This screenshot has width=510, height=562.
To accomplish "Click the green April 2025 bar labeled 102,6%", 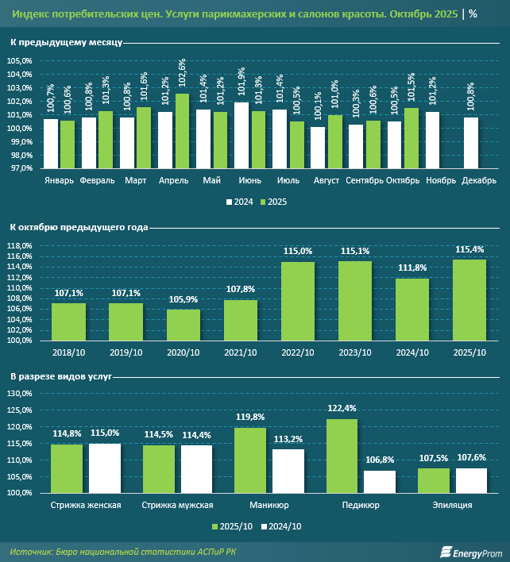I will click(x=183, y=131).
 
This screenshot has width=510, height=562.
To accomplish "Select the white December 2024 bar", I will click(x=471, y=143).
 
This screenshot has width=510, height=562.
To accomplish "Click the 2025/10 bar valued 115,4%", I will click(x=469, y=300).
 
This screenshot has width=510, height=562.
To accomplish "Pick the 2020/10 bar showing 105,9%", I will click(x=184, y=325).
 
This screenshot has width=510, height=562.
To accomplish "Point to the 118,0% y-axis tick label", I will click(x=20, y=246).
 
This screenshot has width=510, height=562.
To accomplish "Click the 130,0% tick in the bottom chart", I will click(x=20, y=410).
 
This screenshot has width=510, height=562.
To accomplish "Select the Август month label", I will click(x=326, y=180).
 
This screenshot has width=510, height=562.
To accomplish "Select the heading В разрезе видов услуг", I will click(x=61, y=374).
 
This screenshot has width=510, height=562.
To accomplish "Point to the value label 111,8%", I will click(x=412, y=268).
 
